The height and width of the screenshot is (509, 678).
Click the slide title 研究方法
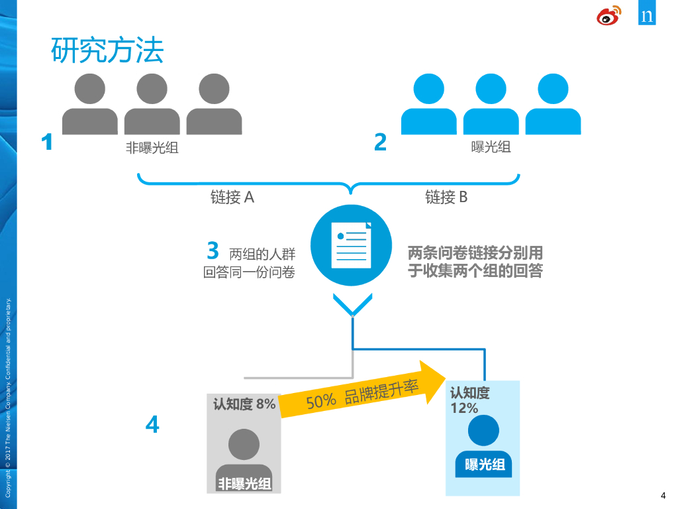(107, 51)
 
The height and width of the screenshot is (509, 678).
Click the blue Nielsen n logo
(647, 15)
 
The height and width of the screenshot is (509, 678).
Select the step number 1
(47, 142)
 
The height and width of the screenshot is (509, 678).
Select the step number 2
(380, 142)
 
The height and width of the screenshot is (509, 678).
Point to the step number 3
(213, 251)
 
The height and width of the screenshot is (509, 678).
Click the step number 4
(152, 424)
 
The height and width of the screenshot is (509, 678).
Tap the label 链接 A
(232, 197)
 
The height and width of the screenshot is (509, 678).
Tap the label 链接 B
(446, 197)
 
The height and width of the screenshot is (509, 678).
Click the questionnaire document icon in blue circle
(352, 245)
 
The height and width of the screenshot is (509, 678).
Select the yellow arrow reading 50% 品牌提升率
(362, 394)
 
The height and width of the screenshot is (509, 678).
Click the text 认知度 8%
(244, 404)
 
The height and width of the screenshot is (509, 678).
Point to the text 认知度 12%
(469, 400)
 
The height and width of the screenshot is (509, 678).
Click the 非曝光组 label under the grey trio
(152, 148)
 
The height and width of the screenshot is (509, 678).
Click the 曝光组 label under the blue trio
(491, 147)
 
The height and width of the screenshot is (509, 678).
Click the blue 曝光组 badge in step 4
(485, 465)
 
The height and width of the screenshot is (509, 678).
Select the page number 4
(663, 496)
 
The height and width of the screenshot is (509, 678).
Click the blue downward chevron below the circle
(352, 306)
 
